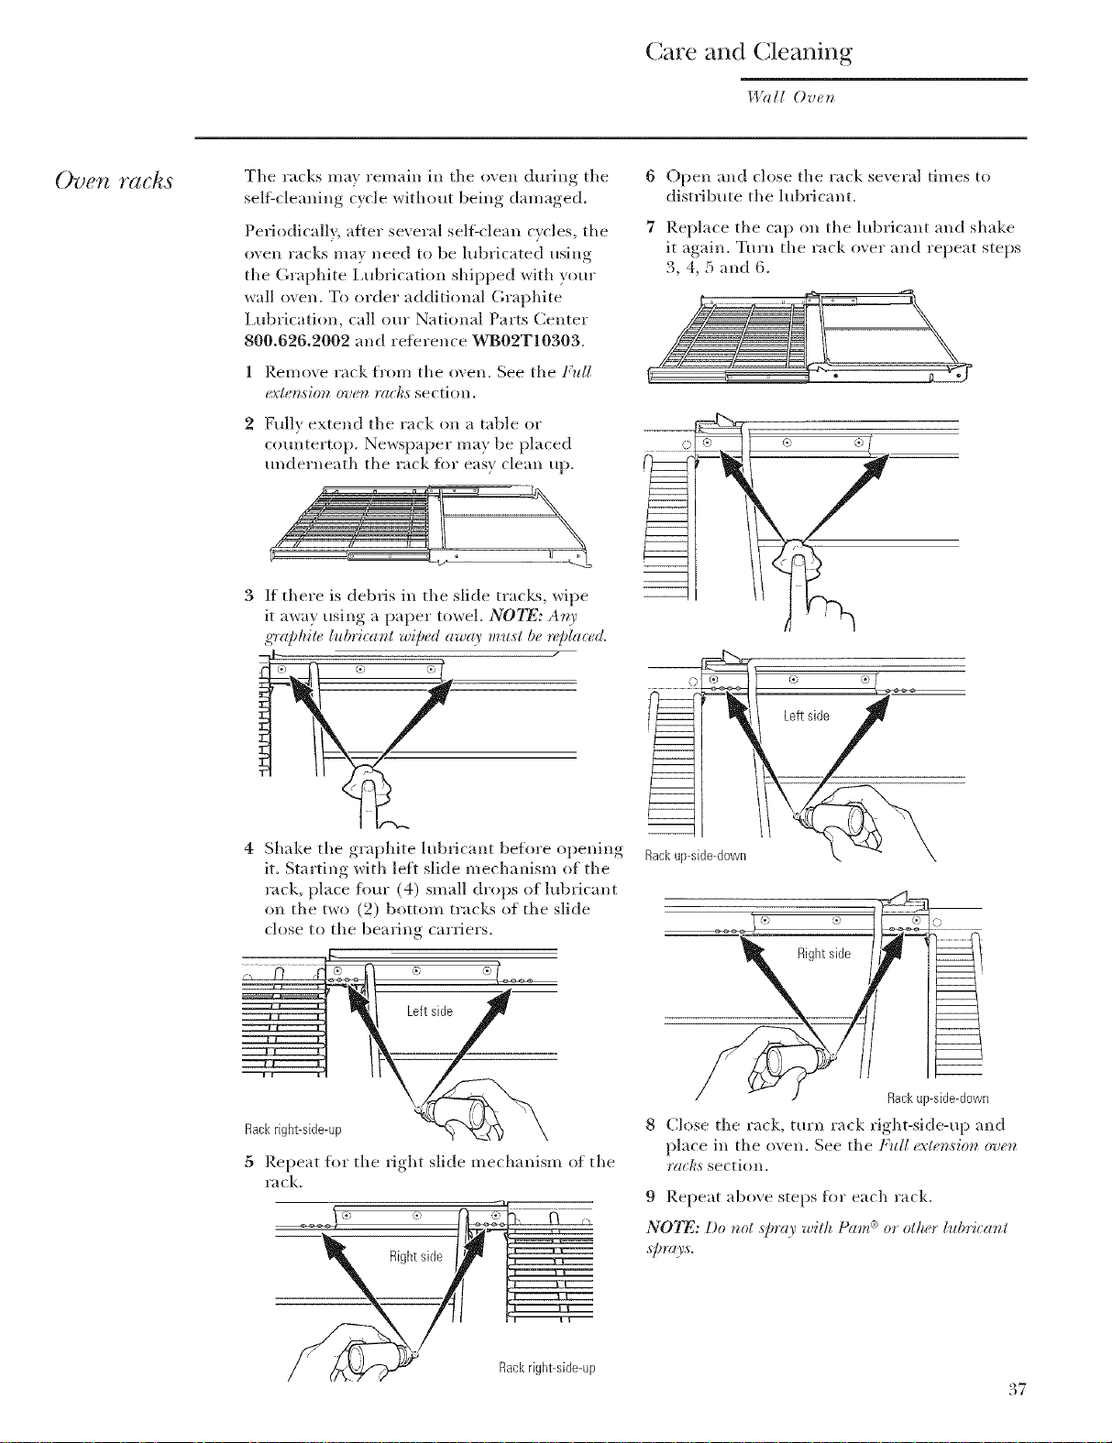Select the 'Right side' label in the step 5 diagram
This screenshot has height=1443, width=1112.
click(416, 1256)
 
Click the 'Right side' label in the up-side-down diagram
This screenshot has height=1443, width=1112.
click(824, 954)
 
